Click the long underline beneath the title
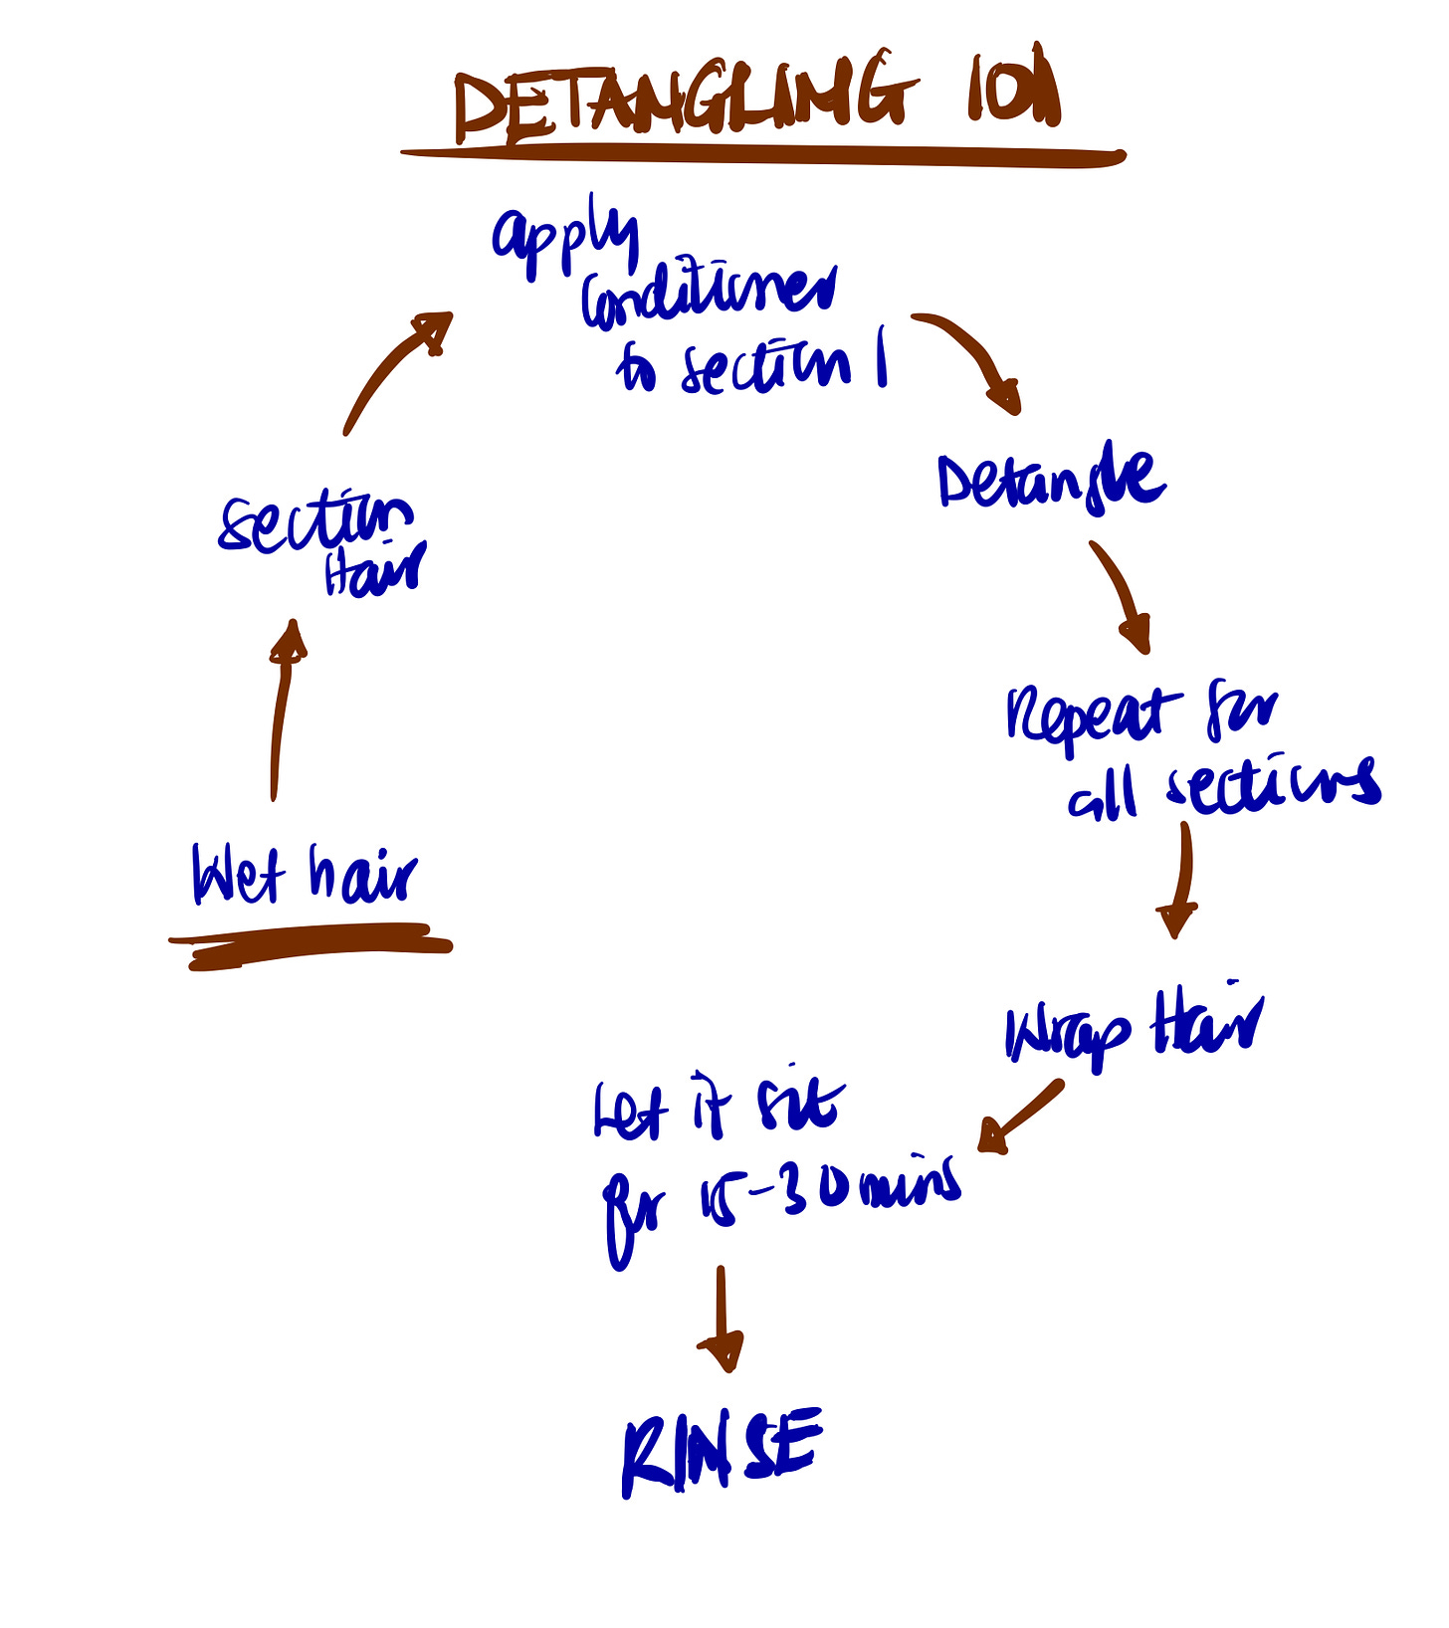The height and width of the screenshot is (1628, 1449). [x=762, y=155]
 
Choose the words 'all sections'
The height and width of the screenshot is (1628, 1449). [x=1224, y=786]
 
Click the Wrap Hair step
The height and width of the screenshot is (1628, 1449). [x=1134, y=1030]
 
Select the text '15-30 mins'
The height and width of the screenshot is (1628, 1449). [x=826, y=1189]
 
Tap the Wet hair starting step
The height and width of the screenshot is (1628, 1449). [x=305, y=876]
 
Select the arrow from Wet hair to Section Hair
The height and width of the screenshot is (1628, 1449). [x=283, y=707]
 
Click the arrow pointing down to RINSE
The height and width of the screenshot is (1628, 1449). [x=722, y=1319]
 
